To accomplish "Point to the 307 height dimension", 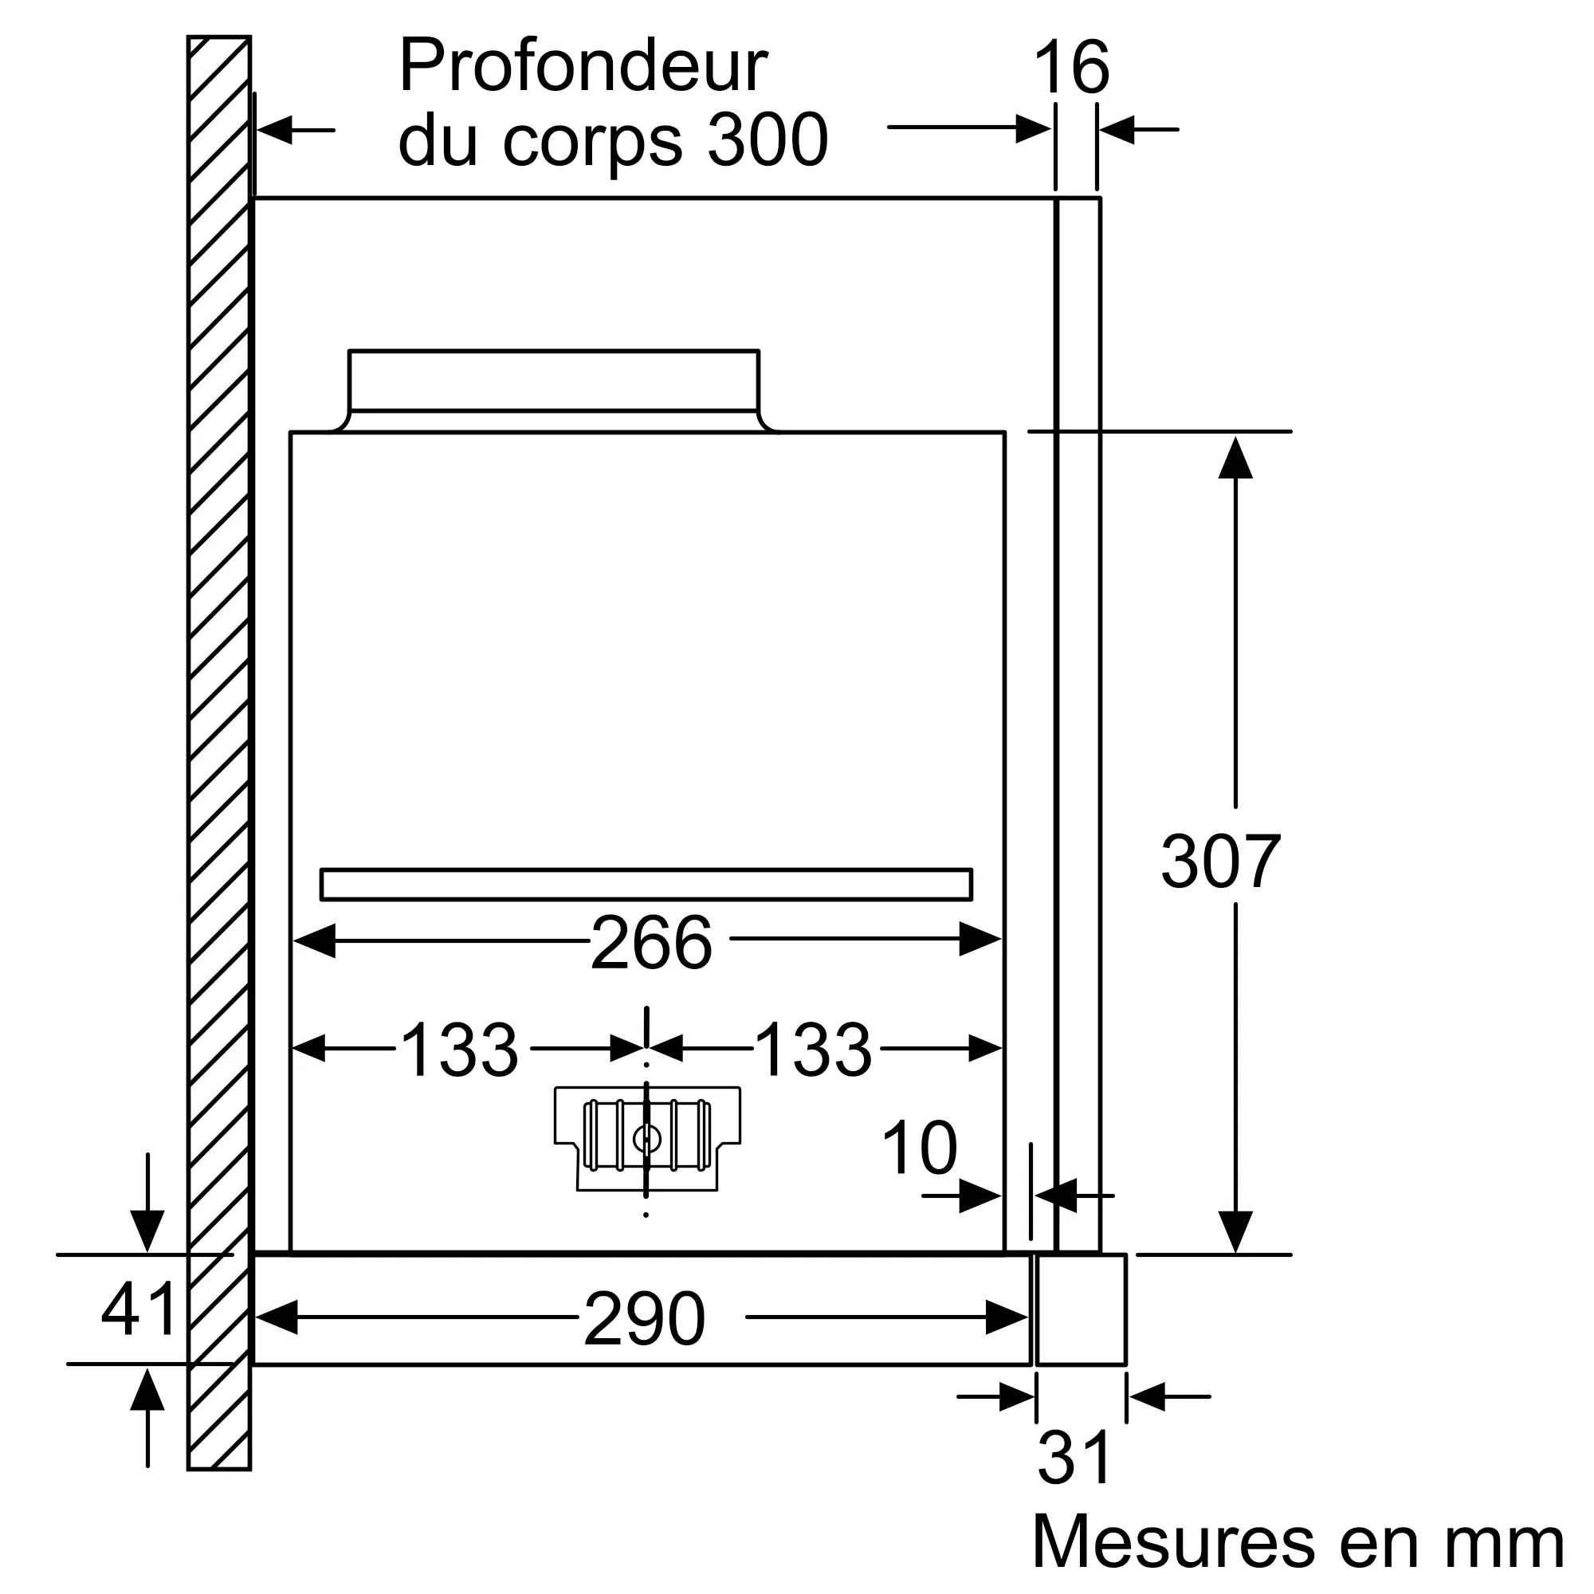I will (x=1220, y=862).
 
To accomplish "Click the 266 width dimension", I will (x=651, y=943).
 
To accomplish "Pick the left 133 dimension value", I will (x=460, y=1050).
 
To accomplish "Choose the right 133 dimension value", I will (x=813, y=1050).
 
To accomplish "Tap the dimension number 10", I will (x=919, y=1148).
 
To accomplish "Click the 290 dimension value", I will (x=644, y=1319).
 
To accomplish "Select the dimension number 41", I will (x=139, y=1309).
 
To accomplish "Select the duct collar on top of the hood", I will (x=554, y=381).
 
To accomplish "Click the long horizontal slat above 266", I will (x=646, y=885).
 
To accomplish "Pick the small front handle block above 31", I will (x=1081, y=1309).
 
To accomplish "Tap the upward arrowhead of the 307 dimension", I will (x=1235, y=458).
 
